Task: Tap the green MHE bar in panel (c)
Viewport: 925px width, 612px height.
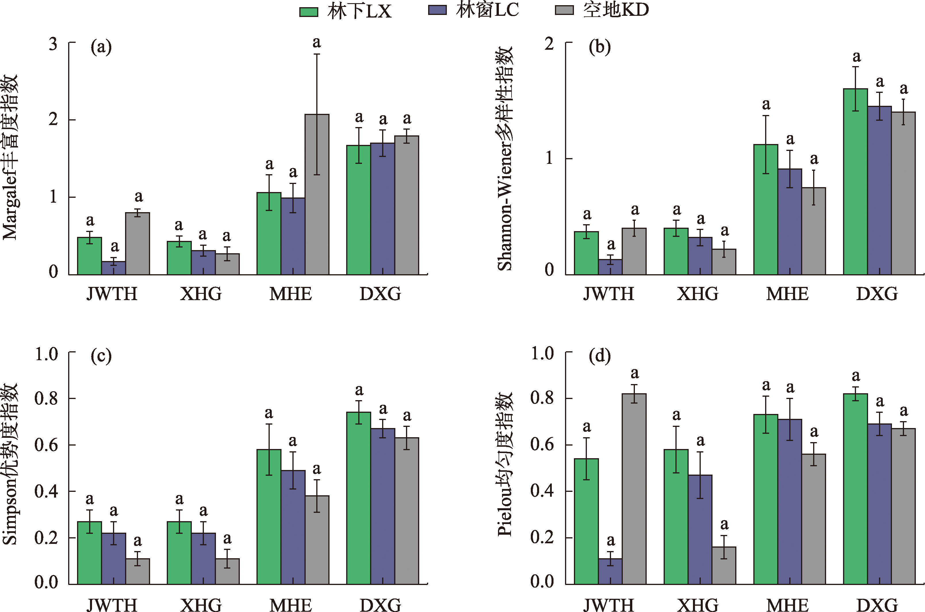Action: pyautogui.click(x=269, y=517)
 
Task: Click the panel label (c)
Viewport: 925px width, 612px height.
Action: pyautogui.click(x=101, y=356)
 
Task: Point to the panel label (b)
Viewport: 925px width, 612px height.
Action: pyautogui.click(x=600, y=47)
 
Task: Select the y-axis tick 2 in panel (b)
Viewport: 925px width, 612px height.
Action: pyautogui.click(x=549, y=44)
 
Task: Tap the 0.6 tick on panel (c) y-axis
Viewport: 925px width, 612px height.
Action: pyautogui.click(x=46, y=445)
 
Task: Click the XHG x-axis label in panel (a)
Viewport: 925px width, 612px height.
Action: pyautogui.click(x=201, y=294)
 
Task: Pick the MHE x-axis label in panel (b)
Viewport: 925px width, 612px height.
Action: pyautogui.click(x=787, y=294)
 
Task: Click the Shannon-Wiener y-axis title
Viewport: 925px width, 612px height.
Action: pyautogui.click(x=505, y=158)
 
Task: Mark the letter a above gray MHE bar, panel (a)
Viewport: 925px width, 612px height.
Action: pyautogui.click(x=317, y=42)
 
